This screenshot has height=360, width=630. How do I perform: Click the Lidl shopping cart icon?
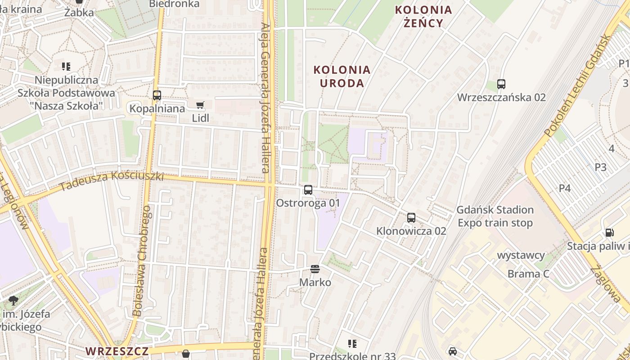point(200,105)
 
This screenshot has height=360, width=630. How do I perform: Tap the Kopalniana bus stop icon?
point(157,95)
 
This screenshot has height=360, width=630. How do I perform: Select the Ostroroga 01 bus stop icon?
point(308,190)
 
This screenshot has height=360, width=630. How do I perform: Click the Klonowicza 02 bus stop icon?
point(411,218)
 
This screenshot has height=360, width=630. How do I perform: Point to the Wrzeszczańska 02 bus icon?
point(501,84)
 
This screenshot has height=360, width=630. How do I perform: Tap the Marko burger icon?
point(315,269)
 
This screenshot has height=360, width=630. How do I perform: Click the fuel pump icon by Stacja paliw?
point(609,233)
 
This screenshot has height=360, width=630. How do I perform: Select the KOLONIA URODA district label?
point(342,76)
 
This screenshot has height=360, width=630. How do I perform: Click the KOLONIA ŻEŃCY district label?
point(423,16)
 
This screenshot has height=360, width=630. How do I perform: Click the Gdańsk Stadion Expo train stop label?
point(495,216)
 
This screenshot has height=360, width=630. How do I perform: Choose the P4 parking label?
point(565,188)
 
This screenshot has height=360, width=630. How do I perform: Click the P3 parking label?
point(600,167)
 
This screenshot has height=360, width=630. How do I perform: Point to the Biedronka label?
point(174,4)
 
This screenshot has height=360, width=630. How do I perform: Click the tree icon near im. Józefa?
point(13,300)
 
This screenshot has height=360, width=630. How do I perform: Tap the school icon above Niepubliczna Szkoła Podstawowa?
point(66,67)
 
